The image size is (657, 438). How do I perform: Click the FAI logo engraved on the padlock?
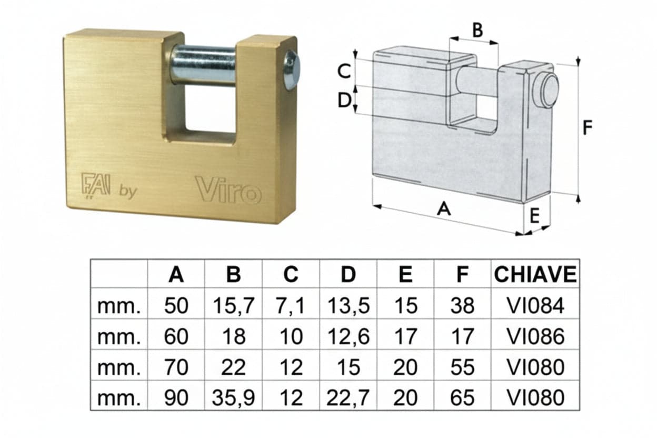(x=96, y=186)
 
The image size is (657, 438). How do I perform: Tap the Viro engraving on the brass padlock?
(x=228, y=190)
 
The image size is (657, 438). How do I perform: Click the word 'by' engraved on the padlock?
(x=128, y=192)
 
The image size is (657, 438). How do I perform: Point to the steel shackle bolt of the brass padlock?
(x=204, y=66)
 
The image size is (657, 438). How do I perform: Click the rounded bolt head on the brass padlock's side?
(x=292, y=70)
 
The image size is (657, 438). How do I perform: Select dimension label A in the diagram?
(x=444, y=209)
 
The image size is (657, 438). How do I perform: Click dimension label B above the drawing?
(x=477, y=30)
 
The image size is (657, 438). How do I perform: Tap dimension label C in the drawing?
(x=344, y=71)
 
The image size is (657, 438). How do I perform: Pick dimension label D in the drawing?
(x=344, y=99)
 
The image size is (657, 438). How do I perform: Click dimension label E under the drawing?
(x=534, y=216)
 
